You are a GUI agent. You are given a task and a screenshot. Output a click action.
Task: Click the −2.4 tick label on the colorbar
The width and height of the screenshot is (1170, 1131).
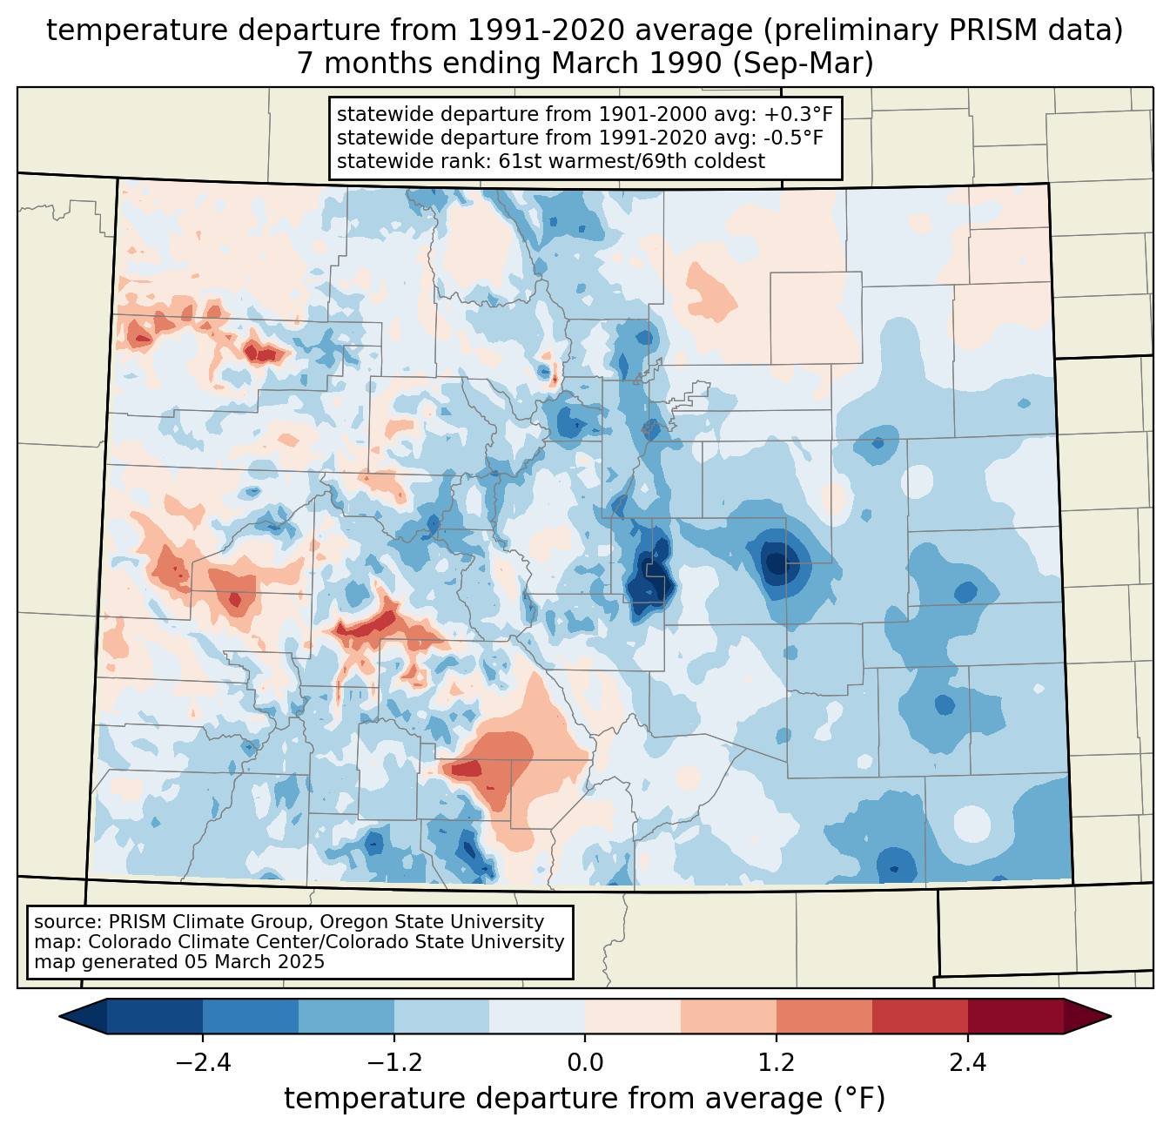pos(203,1063)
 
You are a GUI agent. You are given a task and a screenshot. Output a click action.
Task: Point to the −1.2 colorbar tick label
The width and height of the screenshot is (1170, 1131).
pos(394,1063)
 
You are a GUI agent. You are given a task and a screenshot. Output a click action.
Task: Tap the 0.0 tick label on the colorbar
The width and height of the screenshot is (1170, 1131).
pos(585,1063)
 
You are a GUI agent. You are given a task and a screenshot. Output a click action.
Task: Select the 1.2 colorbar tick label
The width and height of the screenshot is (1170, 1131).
pos(777,1063)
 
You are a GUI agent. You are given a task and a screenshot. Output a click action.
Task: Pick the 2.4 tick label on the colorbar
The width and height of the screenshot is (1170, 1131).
pos(968,1063)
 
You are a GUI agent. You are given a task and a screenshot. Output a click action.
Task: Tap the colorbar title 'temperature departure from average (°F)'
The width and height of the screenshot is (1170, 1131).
pos(585,1099)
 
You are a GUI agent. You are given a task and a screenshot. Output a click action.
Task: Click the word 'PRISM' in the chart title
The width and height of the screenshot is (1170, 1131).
pos(995,30)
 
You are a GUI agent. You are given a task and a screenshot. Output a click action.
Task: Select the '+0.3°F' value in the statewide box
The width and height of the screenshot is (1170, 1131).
pos(798,114)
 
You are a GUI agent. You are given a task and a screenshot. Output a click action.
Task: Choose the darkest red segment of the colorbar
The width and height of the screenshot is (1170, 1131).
pos(1015,1016)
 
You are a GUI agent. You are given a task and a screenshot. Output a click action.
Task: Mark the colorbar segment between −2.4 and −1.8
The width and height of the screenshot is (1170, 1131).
pos(251,1016)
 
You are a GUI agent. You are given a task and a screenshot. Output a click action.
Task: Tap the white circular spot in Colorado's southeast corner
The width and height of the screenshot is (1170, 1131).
pos(971,823)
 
